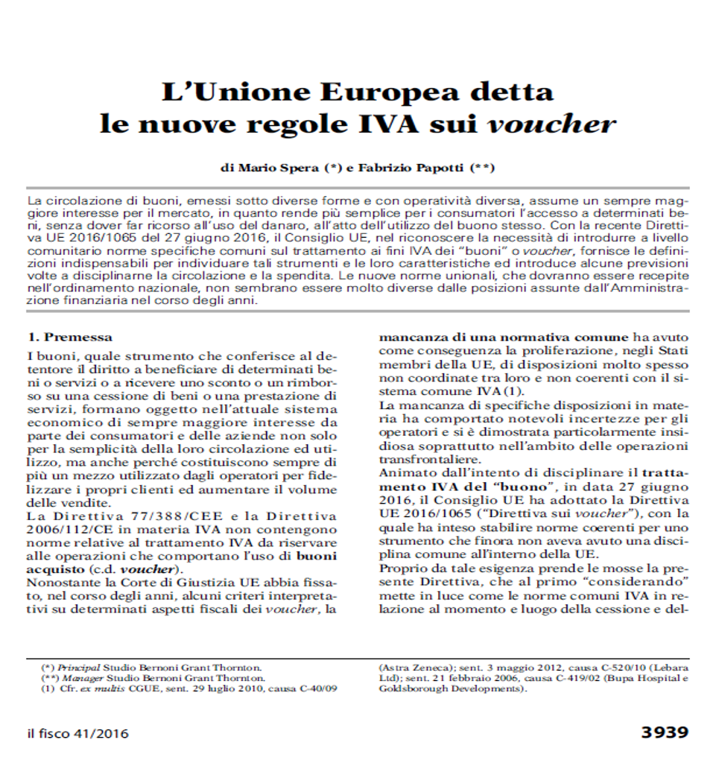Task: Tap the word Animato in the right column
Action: pos(401,473)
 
